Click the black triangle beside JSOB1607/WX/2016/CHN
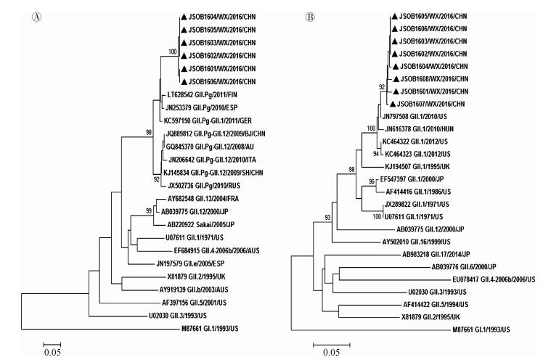click(392, 105)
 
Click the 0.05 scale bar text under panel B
click(330, 353)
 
